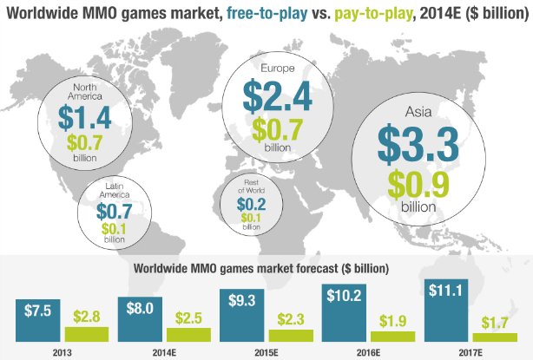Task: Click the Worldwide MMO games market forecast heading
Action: (261, 267)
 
